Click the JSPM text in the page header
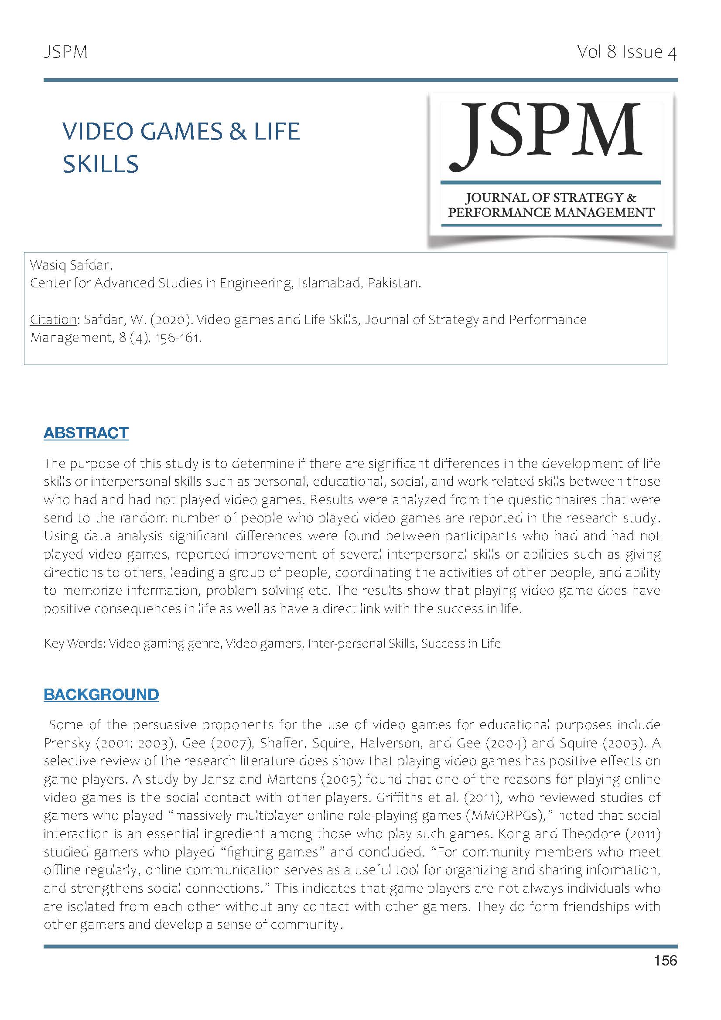(x=66, y=52)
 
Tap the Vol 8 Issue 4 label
(x=626, y=52)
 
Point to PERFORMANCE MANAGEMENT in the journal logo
(x=551, y=212)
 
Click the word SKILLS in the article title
(x=100, y=164)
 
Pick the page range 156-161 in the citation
(x=176, y=338)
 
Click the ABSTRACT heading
(x=86, y=432)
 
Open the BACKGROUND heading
(x=101, y=694)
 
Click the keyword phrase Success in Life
(x=461, y=643)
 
